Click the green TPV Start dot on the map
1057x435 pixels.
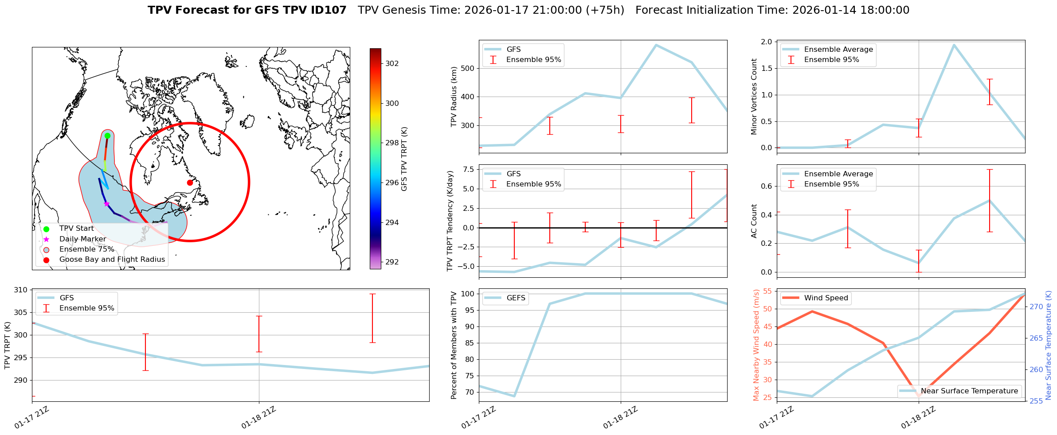click(x=107, y=136)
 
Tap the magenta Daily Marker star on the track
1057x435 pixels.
click(x=106, y=204)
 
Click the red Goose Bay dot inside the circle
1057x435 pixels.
click(x=190, y=183)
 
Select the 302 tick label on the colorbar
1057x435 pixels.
click(x=392, y=63)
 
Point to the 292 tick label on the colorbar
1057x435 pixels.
click(x=392, y=262)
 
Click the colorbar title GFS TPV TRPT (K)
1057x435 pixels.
click(x=404, y=159)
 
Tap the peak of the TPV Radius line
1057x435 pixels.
click(x=656, y=45)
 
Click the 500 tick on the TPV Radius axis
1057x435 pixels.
click(x=468, y=68)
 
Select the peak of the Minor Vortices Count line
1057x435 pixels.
click(x=954, y=44)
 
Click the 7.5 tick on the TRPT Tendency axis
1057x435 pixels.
click(x=468, y=169)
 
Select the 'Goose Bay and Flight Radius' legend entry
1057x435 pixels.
click(x=112, y=260)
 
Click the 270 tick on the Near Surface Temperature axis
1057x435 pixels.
click(x=1036, y=307)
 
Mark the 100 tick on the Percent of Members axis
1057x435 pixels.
click(x=468, y=294)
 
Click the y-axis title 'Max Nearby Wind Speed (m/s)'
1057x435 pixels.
click(x=756, y=345)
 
